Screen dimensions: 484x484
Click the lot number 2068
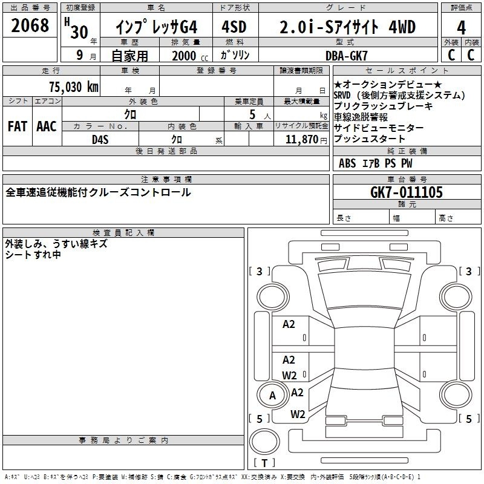point(30,25)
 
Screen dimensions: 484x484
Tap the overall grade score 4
point(461,28)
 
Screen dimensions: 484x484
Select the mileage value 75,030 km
point(74,87)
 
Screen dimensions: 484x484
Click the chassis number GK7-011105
point(406,192)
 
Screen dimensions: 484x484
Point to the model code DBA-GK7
point(347,56)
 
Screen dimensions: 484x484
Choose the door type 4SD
point(234,27)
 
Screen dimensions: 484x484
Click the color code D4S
point(100,140)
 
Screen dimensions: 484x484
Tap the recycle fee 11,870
point(302,140)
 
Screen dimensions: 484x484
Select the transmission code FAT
point(18,126)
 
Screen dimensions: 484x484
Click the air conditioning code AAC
point(47,126)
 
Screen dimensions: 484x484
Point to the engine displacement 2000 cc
point(190,56)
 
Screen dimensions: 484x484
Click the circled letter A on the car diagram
point(272,396)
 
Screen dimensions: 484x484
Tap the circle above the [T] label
point(264,442)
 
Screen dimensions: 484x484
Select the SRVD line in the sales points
point(399,96)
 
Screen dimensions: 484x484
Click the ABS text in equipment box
point(347,163)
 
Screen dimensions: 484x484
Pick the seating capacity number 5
point(252,114)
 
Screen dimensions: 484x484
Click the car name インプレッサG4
point(156,27)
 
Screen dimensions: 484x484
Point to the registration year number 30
point(79,32)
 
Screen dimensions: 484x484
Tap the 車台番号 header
point(407,179)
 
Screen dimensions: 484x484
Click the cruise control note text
point(98,192)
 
